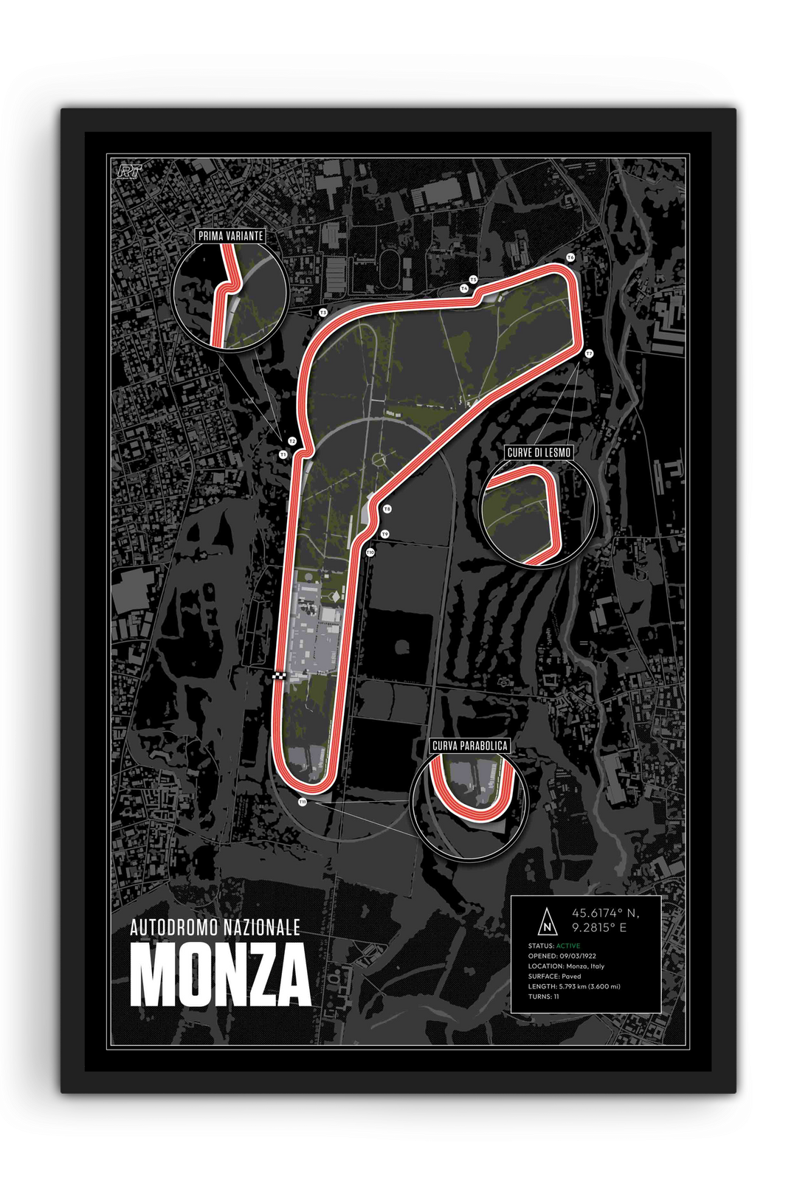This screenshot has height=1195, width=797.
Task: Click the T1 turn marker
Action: (283, 455)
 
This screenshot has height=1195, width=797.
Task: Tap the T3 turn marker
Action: (322, 313)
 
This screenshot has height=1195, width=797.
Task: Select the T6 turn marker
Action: (570, 257)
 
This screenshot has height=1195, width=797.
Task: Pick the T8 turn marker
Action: (387, 509)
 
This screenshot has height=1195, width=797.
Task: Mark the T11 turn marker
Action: (303, 802)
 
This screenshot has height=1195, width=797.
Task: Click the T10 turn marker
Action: (370, 552)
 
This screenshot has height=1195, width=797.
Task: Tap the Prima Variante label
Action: (230, 236)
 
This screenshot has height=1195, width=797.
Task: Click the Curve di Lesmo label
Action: (539, 452)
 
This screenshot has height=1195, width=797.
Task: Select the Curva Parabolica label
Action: (469, 746)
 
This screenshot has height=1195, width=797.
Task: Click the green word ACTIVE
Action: (567, 946)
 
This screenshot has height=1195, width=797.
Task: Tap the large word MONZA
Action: (220, 976)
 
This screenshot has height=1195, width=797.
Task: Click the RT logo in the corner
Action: (129, 170)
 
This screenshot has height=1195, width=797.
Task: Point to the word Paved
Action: (570, 976)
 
